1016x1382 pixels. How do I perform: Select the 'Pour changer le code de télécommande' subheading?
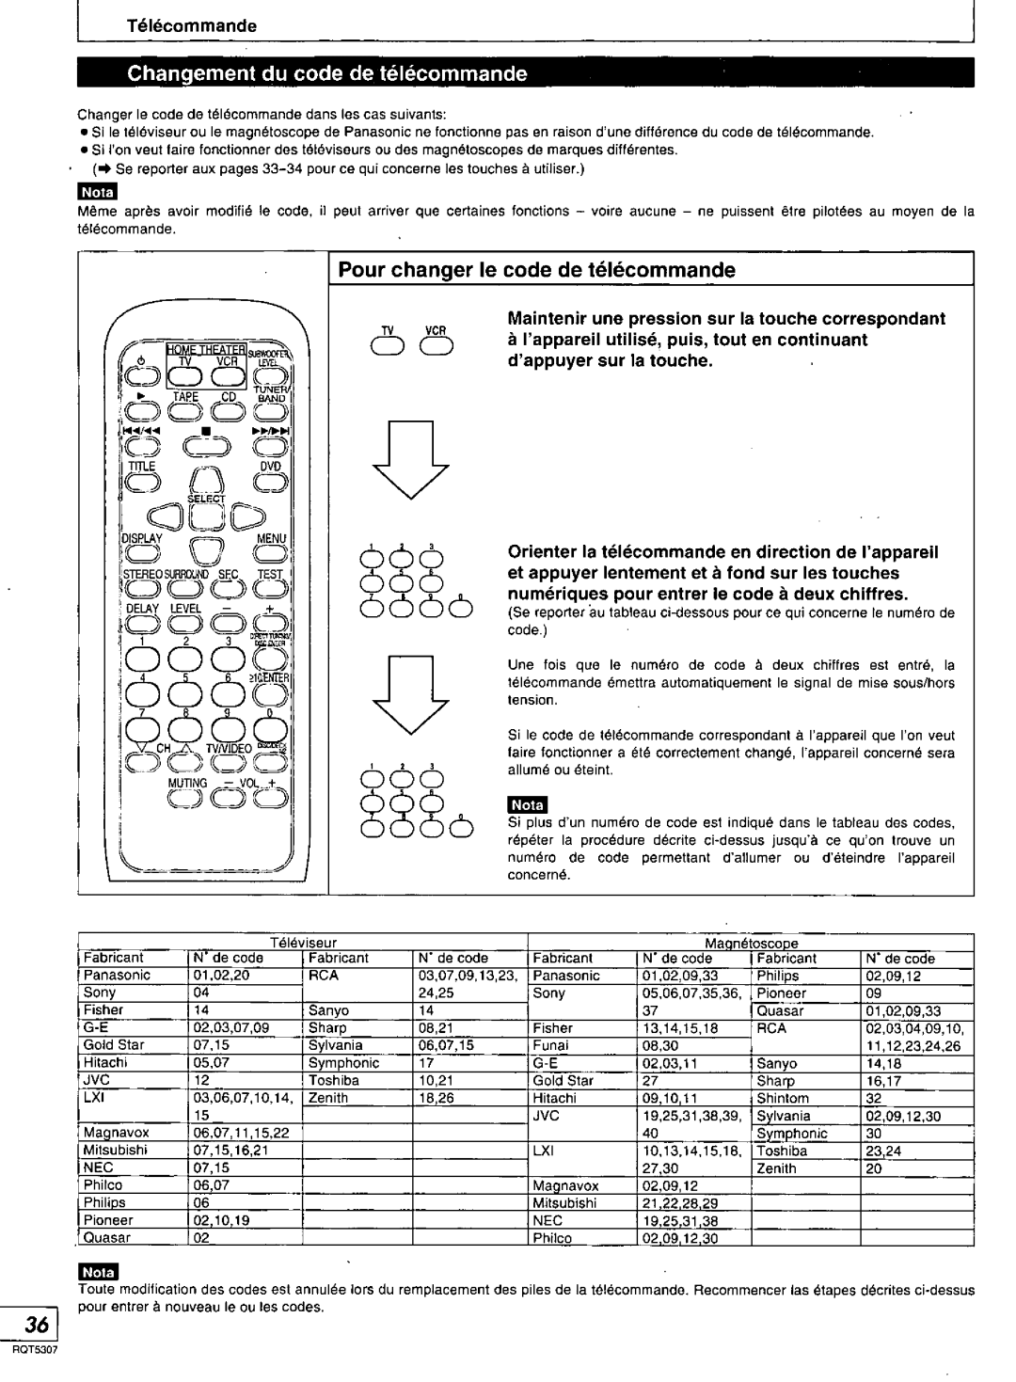tap(537, 270)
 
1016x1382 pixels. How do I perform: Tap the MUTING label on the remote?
tap(189, 781)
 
